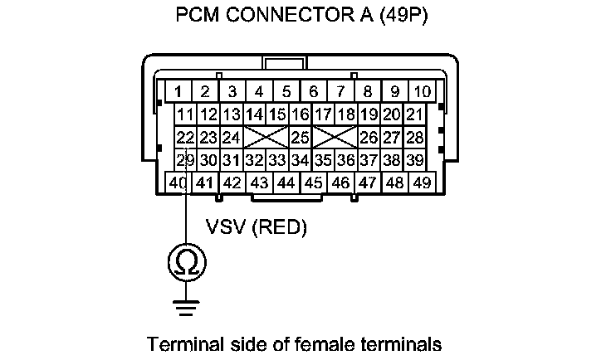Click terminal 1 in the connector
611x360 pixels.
click(x=178, y=91)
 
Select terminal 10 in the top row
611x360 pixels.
click(x=422, y=91)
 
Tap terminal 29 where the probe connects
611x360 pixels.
click(x=185, y=159)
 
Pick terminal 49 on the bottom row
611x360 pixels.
click(x=422, y=182)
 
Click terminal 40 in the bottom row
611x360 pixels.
click(x=178, y=182)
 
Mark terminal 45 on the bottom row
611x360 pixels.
click(x=313, y=182)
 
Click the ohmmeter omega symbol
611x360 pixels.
click(x=185, y=263)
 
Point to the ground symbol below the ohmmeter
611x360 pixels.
click(x=185, y=309)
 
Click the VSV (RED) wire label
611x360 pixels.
click(x=256, y=227)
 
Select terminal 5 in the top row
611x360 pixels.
click(x=286, y=91)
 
